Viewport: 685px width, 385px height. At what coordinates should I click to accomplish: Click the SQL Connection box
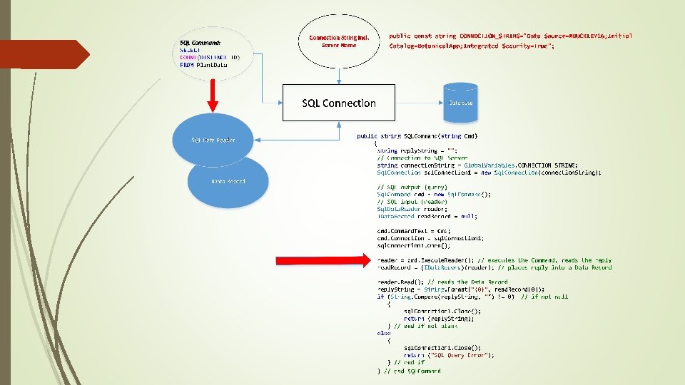point(339,103)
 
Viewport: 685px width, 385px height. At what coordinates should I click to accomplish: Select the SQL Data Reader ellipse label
point(213,140)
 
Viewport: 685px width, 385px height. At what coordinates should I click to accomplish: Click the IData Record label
point(228,181)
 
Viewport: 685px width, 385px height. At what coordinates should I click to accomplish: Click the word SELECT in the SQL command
point(191,49)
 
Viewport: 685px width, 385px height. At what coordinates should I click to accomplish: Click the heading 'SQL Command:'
point(201,42)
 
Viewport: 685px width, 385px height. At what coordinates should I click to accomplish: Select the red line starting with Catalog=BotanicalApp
point(471,46)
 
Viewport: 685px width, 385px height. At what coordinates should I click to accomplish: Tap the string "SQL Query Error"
point(461,355)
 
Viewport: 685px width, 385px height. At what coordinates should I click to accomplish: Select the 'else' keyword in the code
point(384,333)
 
